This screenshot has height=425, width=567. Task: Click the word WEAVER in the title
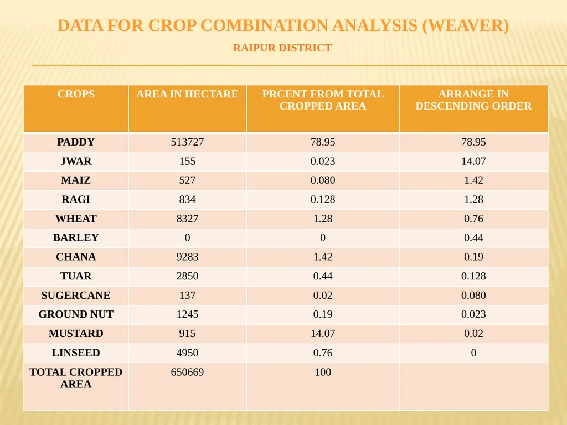click(x=465, y=25)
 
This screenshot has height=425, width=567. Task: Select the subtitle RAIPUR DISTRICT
click(x=282, y=48)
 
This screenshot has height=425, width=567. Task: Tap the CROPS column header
click(x=76, y=94)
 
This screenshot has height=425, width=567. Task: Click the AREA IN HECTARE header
click(x=187, y=94)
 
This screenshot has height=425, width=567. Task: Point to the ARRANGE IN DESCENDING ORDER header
click(x=473, y=100)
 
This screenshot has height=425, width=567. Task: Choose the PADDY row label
click(x=76, y=142)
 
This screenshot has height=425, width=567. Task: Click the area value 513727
click(x=187, y=142)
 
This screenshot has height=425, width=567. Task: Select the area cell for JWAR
click(x=187, y=161)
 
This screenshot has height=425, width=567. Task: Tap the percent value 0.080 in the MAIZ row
click(x=323, y=180)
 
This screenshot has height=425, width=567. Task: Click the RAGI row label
click(x=76, y=199)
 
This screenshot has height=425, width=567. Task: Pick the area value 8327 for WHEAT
click(x=187, y=219)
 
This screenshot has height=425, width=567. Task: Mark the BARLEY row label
click(x=76, y=237)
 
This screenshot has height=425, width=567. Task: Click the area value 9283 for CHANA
click(x=187, y=257)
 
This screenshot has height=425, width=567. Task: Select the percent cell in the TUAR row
click(x=323, y=276)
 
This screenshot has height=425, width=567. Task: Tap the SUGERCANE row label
click(x=76, y=296)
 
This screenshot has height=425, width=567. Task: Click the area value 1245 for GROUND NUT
click(x=187, y=314)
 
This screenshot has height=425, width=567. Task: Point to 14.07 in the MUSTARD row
click(x=323, y=333)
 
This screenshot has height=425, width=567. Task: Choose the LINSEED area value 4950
click(x=187, y=353)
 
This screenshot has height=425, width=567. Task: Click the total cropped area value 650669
click(x=187, y=372)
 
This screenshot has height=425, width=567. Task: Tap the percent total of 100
click(x=323, y=372)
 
